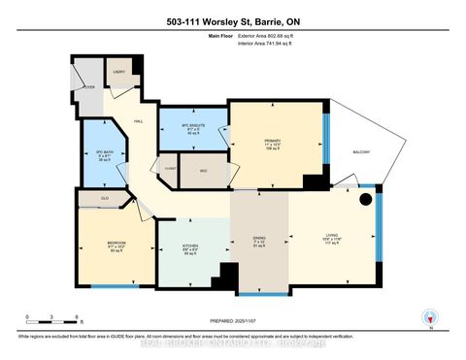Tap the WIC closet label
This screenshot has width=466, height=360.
point(204,171)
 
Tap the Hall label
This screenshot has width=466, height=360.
point(140,120)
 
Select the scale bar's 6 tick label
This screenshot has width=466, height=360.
point(77,316)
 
